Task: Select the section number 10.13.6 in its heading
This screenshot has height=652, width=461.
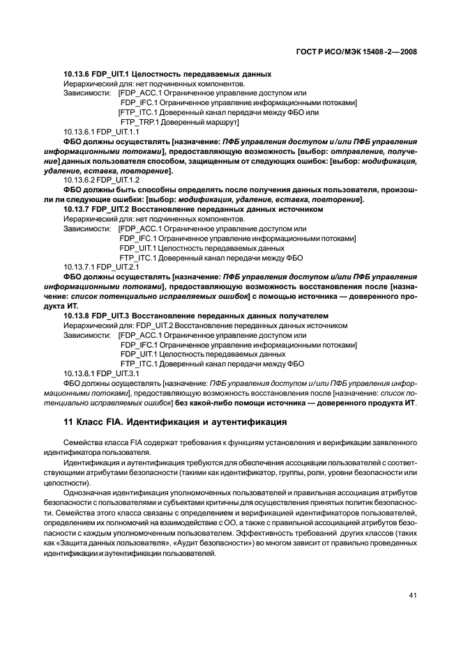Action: [77, 74]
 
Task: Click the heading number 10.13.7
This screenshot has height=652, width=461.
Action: [77, 208]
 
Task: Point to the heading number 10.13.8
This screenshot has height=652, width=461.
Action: [77, 316]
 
